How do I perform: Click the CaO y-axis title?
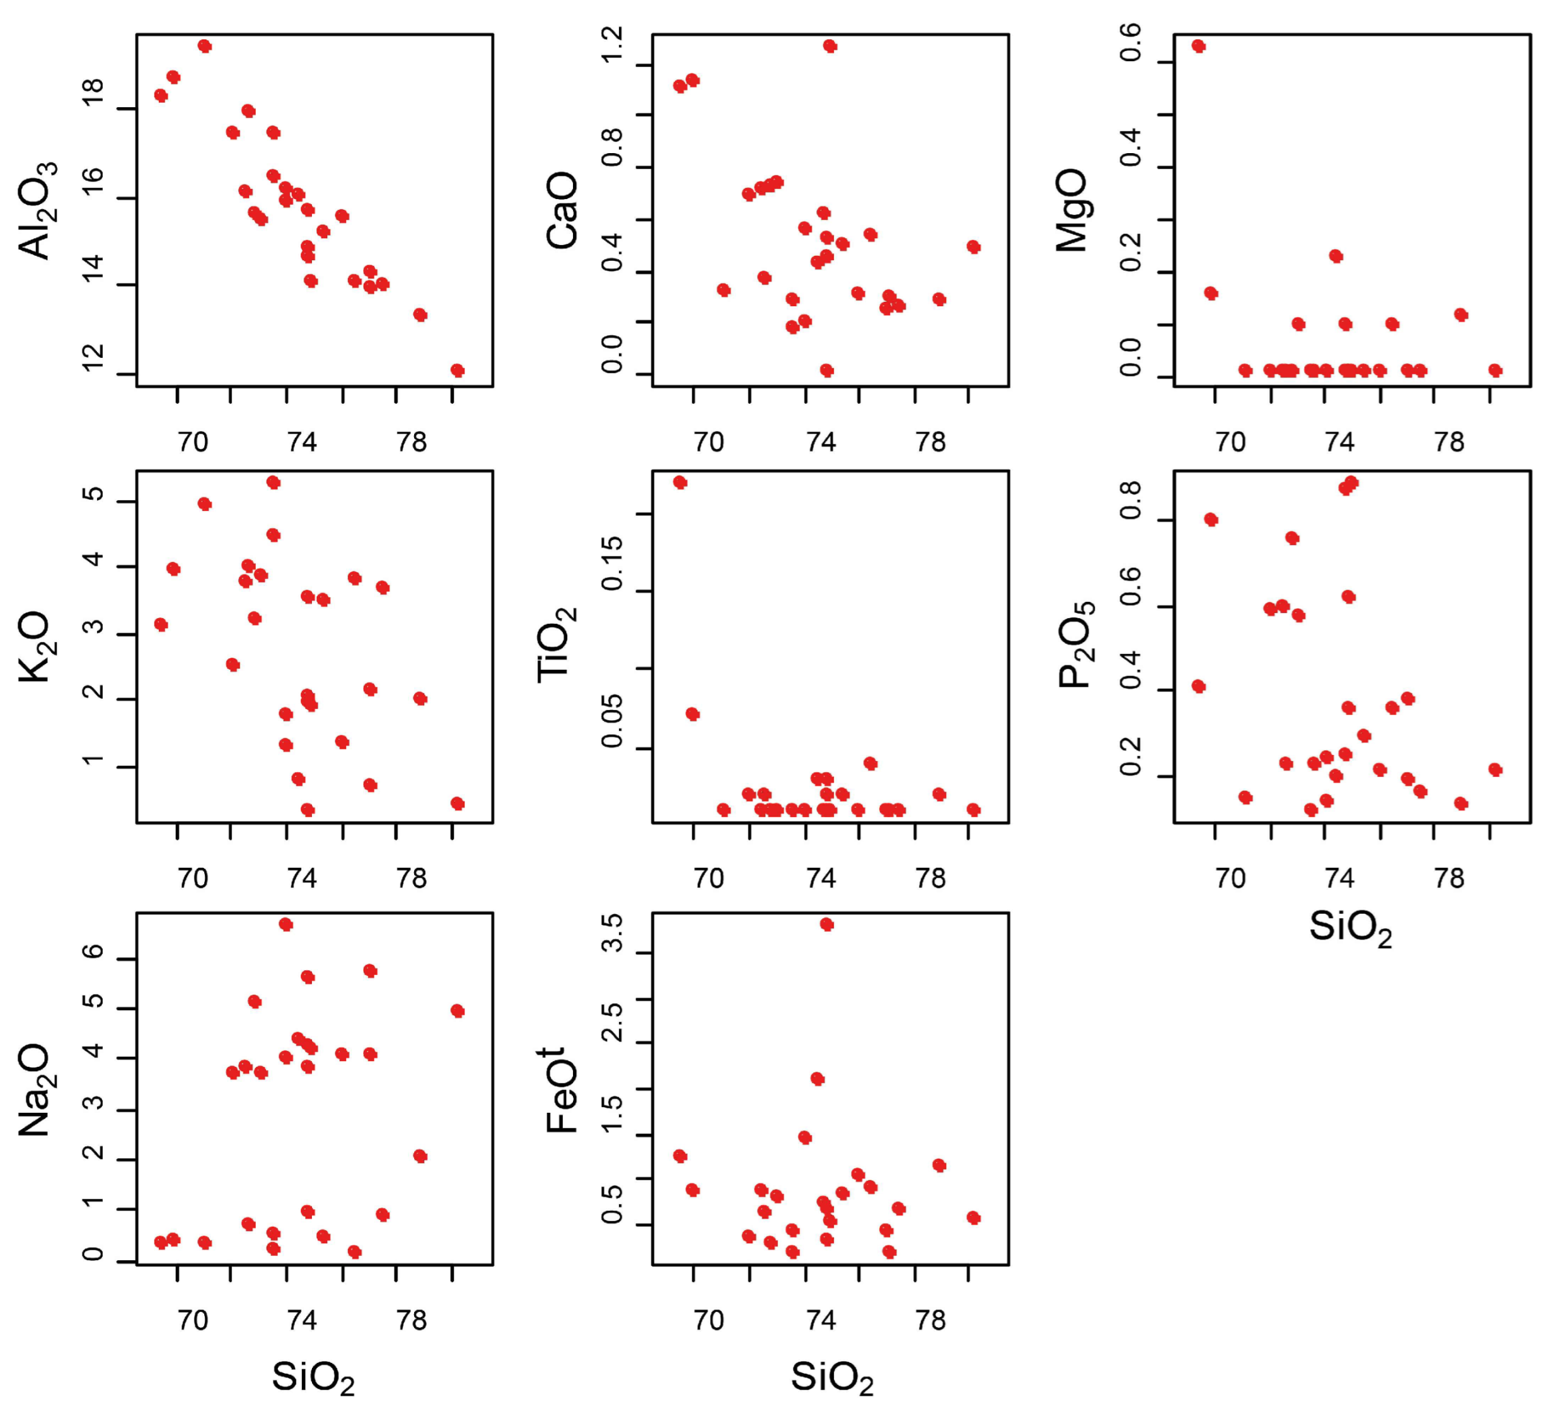coord(562,210)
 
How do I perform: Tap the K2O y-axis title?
coord(35,647)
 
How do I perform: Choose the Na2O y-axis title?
coord(35,1089)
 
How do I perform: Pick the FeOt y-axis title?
coord(562,1089)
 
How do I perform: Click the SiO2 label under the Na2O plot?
coord(313,1377)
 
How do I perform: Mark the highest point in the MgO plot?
coord(1199,45)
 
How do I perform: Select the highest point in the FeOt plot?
coord(826,924)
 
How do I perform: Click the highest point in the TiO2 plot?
coord(680,482)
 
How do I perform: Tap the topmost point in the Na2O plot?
coord(286,924)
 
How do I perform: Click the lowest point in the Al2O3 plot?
coord(458,370)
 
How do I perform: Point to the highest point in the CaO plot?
coord(829,45)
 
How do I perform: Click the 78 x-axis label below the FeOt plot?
coord(930,1321)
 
